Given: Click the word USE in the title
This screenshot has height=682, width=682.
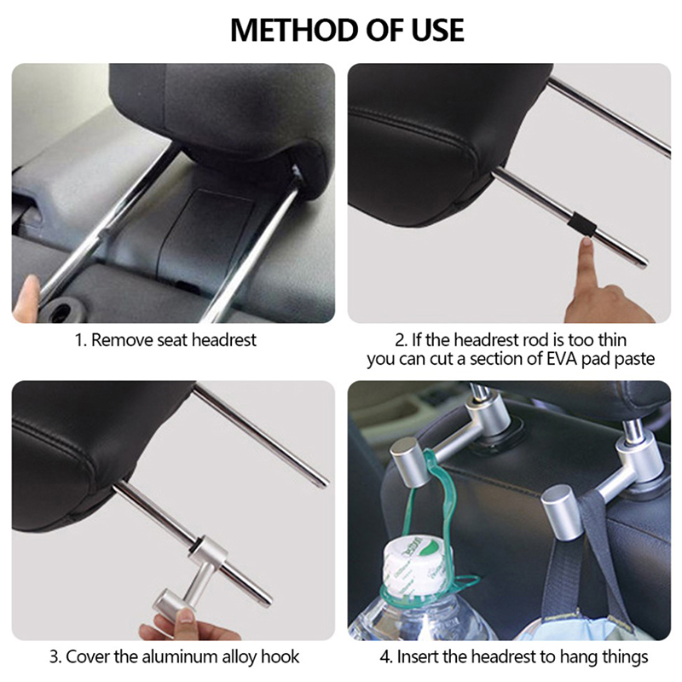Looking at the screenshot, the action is (438, 31).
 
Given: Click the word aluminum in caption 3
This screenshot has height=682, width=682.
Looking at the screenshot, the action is (180, 656).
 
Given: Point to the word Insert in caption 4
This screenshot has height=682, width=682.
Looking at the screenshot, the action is (417, 656).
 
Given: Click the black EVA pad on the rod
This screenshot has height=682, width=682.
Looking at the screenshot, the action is (581, 224).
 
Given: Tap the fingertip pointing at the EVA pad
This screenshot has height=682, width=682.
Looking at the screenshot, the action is (587, 246).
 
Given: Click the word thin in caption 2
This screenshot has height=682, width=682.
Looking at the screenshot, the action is (612, 339).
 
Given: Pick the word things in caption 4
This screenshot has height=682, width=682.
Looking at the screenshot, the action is (626, 657).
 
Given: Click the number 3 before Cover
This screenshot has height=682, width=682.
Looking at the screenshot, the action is (54, 656).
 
